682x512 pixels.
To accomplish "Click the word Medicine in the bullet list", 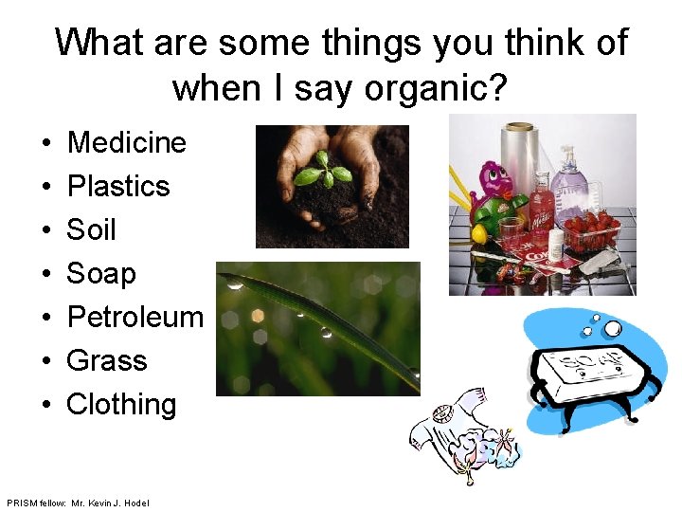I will (x=127, y=143).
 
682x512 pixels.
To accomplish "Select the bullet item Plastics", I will (x=118, y=187).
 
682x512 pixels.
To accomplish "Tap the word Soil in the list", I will (x=91, y=230).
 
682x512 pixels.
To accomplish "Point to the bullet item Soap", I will (x=101, y=274).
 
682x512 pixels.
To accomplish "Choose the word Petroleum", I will (x=135, y=318).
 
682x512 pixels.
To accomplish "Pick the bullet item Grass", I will (x=107, y=361).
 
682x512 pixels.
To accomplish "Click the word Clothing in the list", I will (x=121, y=405).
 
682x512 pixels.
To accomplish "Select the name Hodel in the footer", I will (x=135, y=502).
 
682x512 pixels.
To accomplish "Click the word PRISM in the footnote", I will (x=19, y=502).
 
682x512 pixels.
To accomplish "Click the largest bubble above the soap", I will (x=613, y=329).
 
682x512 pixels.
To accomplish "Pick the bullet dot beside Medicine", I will (x=45, y=144).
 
